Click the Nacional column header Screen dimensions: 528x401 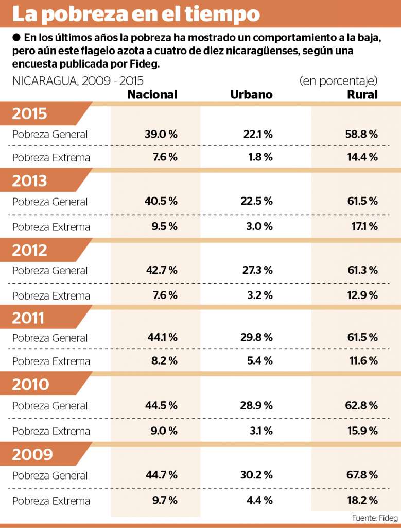pos(152,94)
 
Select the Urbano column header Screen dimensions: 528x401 pos(251,94)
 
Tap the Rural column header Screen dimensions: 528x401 pos(362,94)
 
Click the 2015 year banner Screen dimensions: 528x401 pos(30,113)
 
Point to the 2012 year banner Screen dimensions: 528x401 pos(30,250)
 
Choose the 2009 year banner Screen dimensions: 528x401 pos(32,454)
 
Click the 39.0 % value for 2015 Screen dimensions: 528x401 pos(161,134)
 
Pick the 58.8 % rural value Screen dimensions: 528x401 pos(362,134)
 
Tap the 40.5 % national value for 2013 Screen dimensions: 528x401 pos(161,201)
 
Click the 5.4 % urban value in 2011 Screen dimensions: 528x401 pos(260,361)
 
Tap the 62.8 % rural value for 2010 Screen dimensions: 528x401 pos(362,405)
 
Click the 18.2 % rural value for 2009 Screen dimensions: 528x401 pos(363,500)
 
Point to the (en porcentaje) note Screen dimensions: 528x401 pos(338,81)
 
